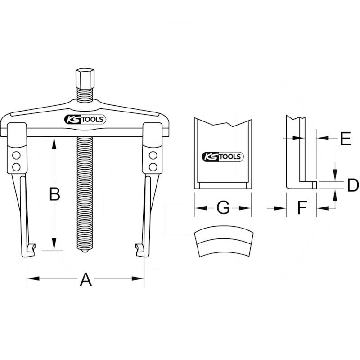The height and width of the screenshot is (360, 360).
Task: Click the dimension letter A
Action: pyautogui.click(x=85, y=280)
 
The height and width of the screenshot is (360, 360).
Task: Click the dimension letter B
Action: pyautogui.click(x=54, y=194)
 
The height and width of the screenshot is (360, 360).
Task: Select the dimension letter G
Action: pyautogui.click(x=223, y=208)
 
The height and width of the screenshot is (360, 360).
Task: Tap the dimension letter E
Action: pyautogui.click(x=345, y=139)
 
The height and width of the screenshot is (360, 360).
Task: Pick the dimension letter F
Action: pyautogui.click(x=301, y=208)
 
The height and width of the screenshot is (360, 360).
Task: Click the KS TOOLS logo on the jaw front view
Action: pyautogui.click(x=223, y=157)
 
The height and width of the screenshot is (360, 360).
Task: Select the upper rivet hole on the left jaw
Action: pyautogui.click(x=17, y=156)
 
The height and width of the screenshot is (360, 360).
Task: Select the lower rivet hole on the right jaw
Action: pyautogui.click(x=153, y=167)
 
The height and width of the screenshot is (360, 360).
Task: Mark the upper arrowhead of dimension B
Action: pyautogui.click(x=54, y=141)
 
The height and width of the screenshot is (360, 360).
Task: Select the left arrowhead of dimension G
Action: pyautogui.click(x=198, y=208)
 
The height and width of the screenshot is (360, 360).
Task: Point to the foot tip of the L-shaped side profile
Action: pyautogui.click(x=314, y=184)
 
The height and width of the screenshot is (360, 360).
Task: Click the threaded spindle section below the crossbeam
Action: pyautogui.click(x=84, y=189)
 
